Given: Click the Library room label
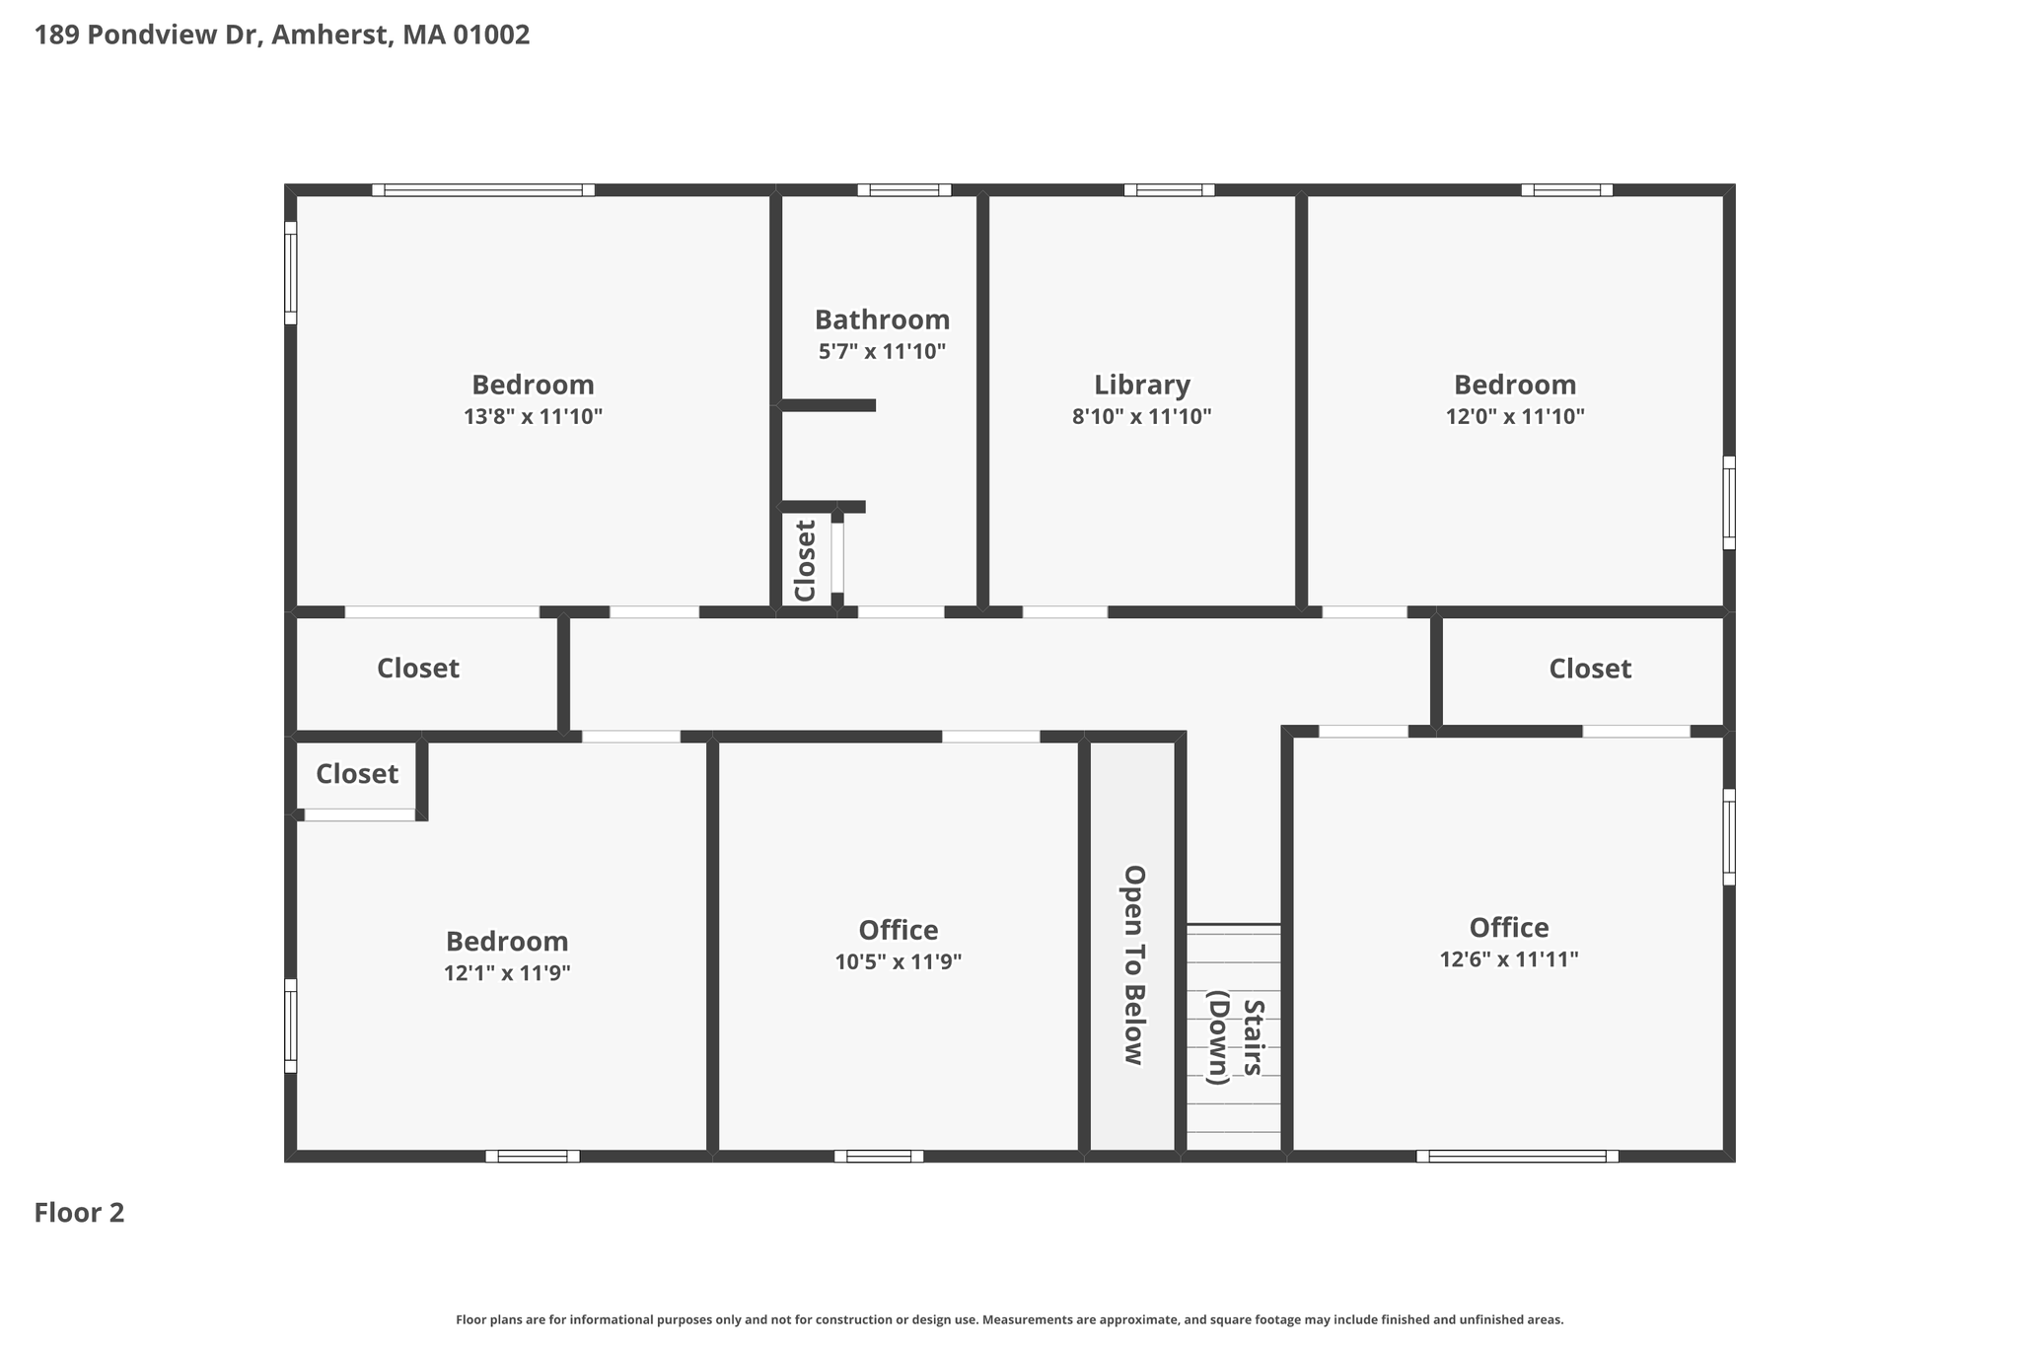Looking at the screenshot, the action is (x=1141, y=385).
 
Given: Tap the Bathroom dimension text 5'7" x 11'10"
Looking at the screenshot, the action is (x=882, y=351).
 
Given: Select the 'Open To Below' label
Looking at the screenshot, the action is (x=1134, y=964).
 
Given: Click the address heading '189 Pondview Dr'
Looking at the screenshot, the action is (x=146, y=35).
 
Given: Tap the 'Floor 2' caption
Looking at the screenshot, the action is (x=79, y=1213).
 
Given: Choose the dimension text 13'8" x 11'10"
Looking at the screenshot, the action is (x=533, y=416).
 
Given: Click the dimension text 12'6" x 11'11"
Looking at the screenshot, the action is (x=1509, y=959).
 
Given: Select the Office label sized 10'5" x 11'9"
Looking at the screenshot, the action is (x=898, y=930).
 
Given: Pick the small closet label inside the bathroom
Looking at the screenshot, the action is (x=806, y=560).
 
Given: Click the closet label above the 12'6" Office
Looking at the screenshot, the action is (x=1590, y=669).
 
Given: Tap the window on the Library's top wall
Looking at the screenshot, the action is (x=1169, y=190).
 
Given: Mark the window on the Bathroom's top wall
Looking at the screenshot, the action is (x=903, y=190).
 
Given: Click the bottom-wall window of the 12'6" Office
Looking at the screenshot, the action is (x=1517, y=1156).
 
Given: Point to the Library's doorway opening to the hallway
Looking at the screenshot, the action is (x=1065, y=611).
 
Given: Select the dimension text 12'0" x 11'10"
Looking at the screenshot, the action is (x=1515, y=416).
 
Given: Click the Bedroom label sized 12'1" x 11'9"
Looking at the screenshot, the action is (x=507, y=941).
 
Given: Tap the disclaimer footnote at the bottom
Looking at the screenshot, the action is (x=1010, y=1319).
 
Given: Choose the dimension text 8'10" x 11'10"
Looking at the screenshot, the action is (x=1141, y=416).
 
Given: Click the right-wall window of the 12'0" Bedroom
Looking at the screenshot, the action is (x=1729, y=503).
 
